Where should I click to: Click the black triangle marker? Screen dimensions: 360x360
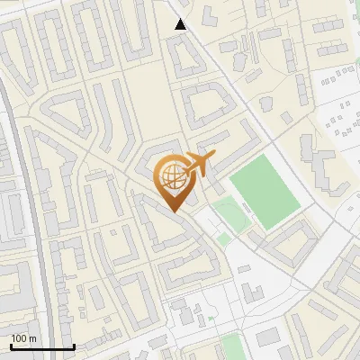[x=181, y=24]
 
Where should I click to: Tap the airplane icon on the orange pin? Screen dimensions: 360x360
[x=200, y=165]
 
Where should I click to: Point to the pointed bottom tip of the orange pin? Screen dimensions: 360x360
[x=173, y=211]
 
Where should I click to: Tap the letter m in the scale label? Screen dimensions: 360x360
[x=32, y=338]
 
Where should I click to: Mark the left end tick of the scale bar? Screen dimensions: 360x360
[x=11, y=346]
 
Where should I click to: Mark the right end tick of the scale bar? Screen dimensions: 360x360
[x=74, y=346]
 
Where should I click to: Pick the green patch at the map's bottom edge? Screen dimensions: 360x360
[x=232, y=347]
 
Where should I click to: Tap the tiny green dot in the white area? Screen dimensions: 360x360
[x=211, y=319]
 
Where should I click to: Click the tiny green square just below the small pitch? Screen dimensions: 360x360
[x=222, y=239]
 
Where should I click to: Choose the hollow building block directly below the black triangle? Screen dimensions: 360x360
[x=187, y=58]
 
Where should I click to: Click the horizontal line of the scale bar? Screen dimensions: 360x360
[x=42, y=347]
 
